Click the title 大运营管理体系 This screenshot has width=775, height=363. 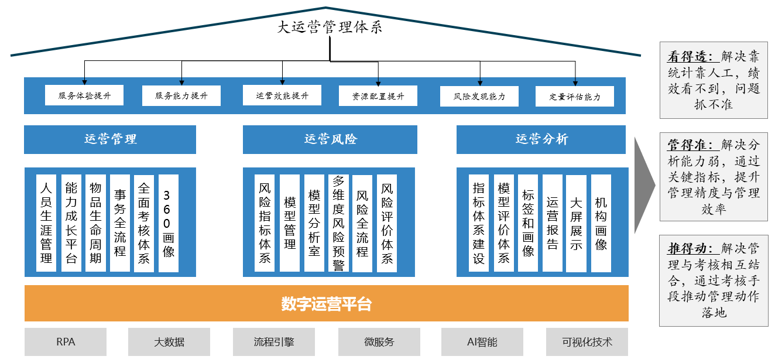(330, 27)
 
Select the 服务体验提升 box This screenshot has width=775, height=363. (84, 95)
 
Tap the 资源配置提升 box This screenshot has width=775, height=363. (378, 96)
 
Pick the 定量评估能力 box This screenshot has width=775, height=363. (575, 97)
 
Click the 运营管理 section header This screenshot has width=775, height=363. (110, 139)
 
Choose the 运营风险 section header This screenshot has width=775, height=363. (330, 139)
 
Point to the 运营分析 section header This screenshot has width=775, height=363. (541, 139)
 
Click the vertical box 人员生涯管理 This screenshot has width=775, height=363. (46, 223)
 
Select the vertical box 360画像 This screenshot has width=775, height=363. (169, 223)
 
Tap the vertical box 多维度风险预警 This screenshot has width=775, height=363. (338, 223)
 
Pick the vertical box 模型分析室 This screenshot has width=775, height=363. (314, 223)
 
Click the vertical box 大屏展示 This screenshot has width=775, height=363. (576, 223)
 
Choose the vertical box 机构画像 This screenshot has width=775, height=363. (601, 223)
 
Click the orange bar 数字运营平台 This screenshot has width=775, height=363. (327, 303)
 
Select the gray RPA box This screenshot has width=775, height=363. (66, 342)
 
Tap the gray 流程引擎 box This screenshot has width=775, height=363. (274, 342)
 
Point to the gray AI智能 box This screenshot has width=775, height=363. (482, 342)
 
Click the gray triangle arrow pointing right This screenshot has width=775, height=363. (643, 186)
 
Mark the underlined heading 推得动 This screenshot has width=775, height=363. (690, 248)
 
